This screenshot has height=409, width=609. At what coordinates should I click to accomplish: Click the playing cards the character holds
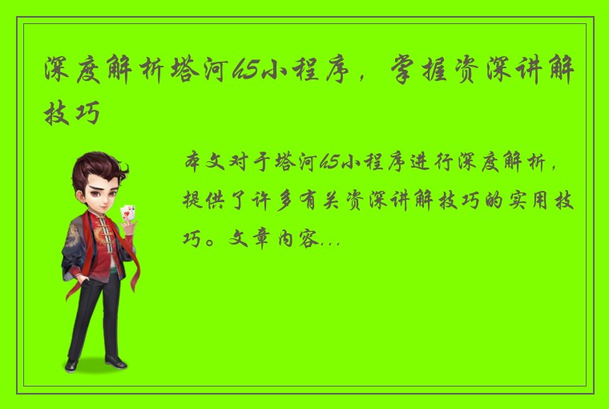pyautogui.click(x=127, y=213)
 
